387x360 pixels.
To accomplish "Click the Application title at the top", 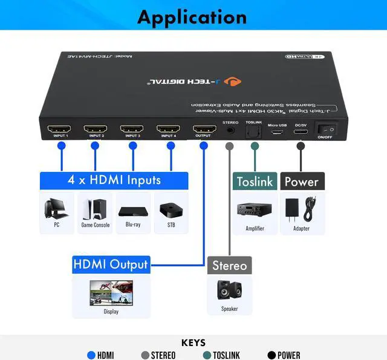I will click(192, 16).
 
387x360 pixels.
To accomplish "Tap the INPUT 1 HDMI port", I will click(59, 129).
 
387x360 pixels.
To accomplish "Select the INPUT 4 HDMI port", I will click(167, 129).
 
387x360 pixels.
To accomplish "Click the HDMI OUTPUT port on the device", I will click(204, 129).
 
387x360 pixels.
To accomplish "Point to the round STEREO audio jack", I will click(230, 129).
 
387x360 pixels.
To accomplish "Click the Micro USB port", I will click(277, 131).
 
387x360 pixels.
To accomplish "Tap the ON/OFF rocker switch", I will click(328, 129).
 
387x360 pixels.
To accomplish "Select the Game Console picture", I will click(95, 209).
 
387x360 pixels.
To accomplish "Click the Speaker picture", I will click(229, 291).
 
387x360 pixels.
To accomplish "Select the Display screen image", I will click(111, 293).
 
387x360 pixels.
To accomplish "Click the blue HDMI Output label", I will click(110, 265).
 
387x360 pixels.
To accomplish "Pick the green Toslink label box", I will click(254, 182).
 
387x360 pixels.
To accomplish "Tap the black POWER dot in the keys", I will click(272, 355).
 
